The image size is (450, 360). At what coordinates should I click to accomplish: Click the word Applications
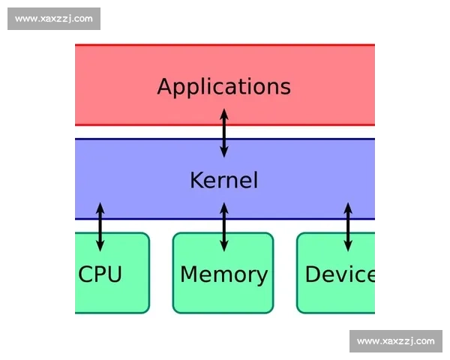coord(223,86)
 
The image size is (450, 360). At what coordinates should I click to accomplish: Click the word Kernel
coord(223,180)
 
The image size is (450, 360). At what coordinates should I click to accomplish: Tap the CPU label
coord(100,274)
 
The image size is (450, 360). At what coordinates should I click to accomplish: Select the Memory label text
coord(223,274)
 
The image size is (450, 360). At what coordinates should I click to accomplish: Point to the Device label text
coord(340,274)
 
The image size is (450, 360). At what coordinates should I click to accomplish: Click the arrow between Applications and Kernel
coord(223,133)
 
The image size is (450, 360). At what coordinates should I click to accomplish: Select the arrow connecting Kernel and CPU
coord(100,226)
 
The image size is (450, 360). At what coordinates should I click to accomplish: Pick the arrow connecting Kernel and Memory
coord(223,226)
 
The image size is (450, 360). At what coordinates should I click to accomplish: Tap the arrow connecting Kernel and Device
coord(347,226)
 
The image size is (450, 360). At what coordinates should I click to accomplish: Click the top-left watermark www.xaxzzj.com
coord(54,18)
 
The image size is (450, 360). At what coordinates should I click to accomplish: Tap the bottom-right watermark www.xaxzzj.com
coord(395,341)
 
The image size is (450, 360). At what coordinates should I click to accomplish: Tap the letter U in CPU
coord(114,274)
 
